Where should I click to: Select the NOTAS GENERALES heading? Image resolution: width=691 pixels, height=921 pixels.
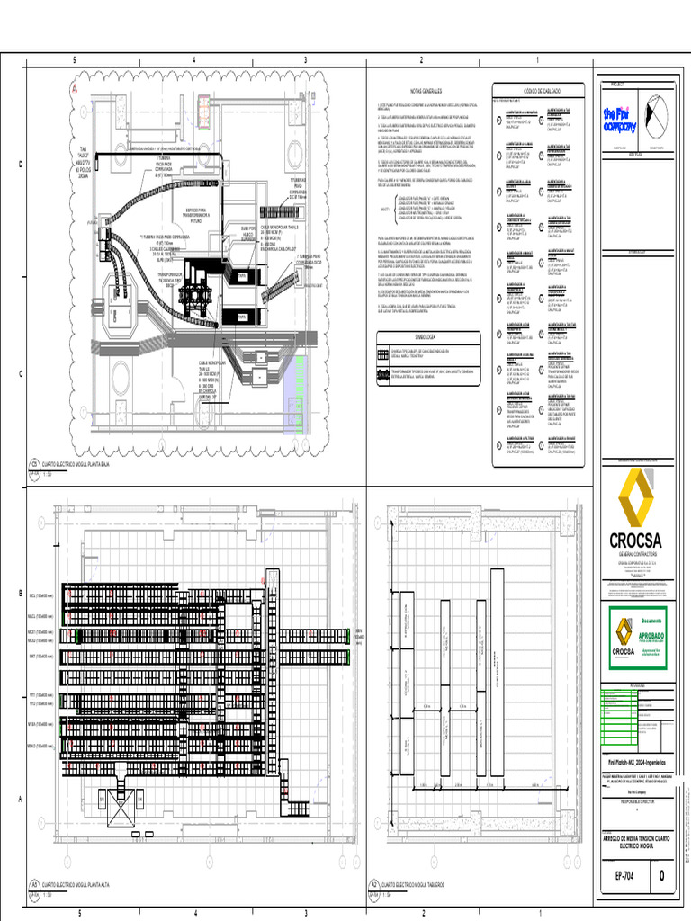(426, 92)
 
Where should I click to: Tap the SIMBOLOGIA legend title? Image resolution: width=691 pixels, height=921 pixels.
(426, 336)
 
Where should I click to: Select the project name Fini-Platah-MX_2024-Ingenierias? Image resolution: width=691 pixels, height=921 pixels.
(635, 762)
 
